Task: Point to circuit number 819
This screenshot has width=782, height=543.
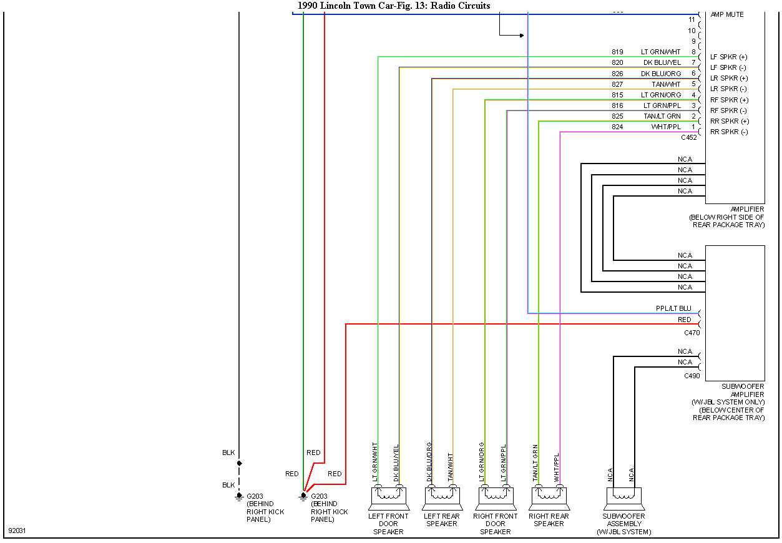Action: click(617, 52)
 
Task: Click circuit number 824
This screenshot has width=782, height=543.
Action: click(617, 127)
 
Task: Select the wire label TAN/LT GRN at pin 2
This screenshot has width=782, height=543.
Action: click(662, 116)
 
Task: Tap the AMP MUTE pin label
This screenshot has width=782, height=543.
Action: click(727, 14)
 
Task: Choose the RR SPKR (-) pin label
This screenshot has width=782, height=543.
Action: click(729, 132)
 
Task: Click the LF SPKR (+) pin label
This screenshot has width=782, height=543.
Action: click(728, 57)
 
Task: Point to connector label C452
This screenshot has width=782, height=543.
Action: click(689, 137)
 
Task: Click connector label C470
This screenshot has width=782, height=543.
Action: click(692, 333)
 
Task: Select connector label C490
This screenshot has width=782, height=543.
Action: click(692, 376)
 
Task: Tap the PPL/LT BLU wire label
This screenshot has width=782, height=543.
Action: click(673, 308)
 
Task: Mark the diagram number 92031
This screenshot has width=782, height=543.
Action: click(17, 531)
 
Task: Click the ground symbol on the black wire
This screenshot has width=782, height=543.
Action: click(239, 496)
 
